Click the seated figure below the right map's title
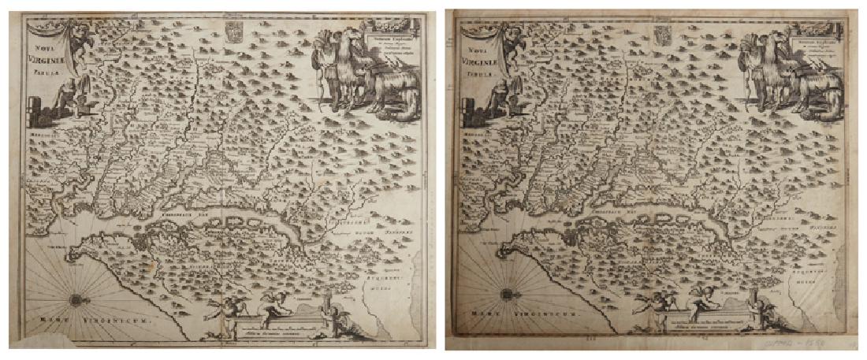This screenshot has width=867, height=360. pos(497,96)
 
